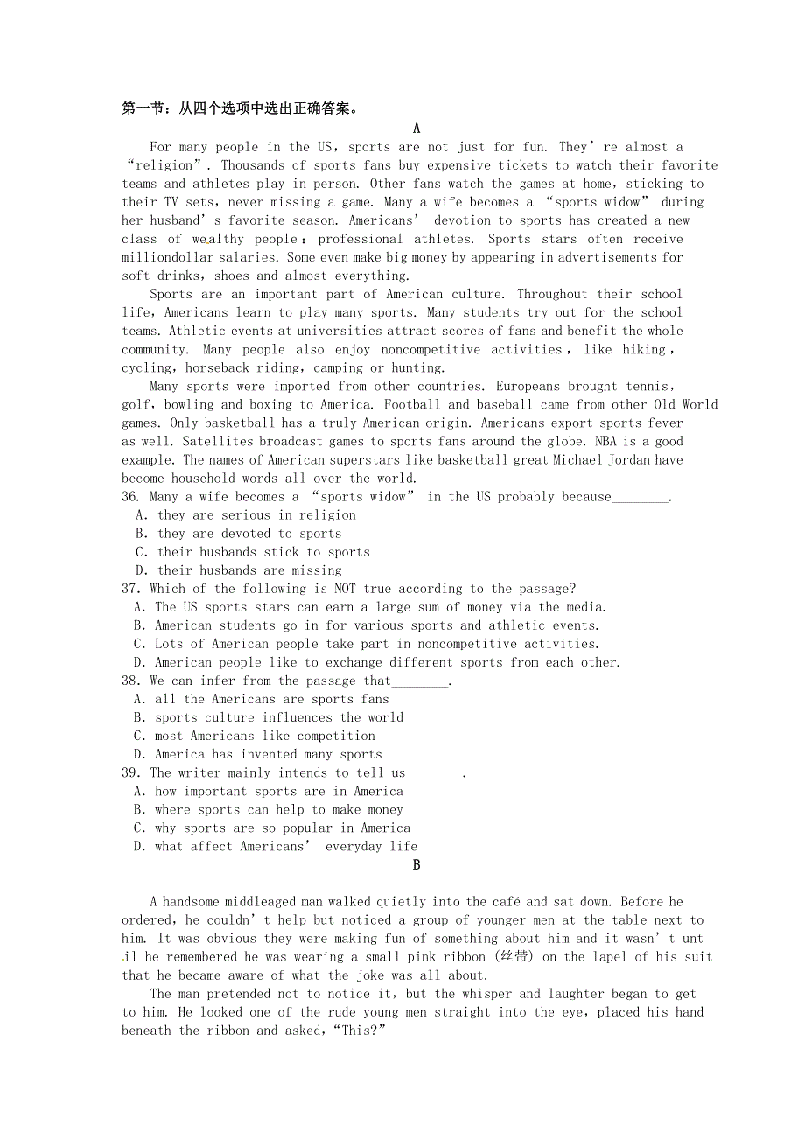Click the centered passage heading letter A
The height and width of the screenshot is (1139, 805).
point(416,129)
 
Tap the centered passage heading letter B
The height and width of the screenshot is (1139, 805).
point(416,865)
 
